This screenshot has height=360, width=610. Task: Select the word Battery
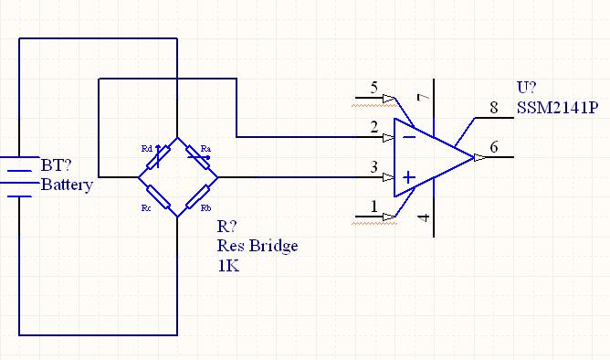pyautogui.click(x=67, y=185)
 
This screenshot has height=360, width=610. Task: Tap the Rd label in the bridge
pyautogui.click(x=146, y=147)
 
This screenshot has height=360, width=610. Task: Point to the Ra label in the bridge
pyautogui.click(x=205, y=148)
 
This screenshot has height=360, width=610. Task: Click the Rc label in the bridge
pyautogui.click(x=146, y=208)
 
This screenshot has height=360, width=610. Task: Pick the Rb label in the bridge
pyautogui.click(x=206, y=208)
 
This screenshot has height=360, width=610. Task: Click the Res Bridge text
pyautogui.click(x=258, y=246)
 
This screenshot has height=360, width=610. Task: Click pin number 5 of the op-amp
pyautogui.click(x=373, y=88)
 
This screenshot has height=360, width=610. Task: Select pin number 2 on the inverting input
pyautogui.click(x=373, y=127)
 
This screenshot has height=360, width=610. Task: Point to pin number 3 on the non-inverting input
pyautogui.click(x=373, y=166)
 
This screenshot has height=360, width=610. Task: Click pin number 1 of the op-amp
pyautogui.click(x=373, y=206)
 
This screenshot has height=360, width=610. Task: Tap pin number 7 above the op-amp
pyautogui.click(x=422, y=98)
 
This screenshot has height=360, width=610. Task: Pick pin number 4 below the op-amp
pyautogui.click(x=422, y=217)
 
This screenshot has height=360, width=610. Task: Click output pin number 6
pyautogui.click(x=494, y=146)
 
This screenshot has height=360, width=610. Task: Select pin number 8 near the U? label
pyautogui.click(x=494, y=108)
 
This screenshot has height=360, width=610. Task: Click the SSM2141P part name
pyautogui.click(x=558, y=108)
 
